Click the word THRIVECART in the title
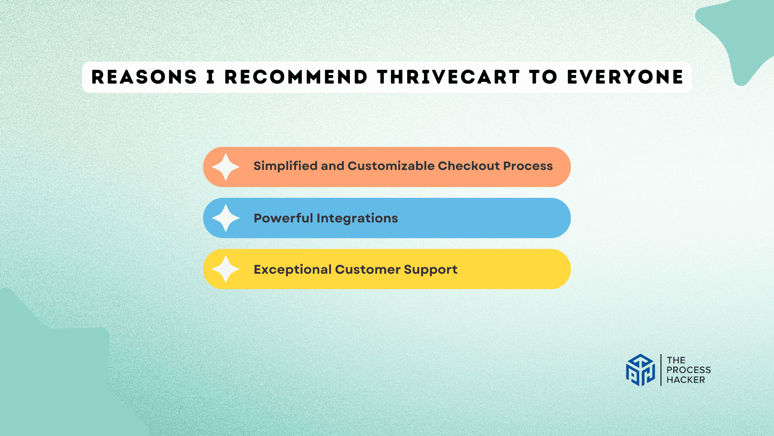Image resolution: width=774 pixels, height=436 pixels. (448, 77)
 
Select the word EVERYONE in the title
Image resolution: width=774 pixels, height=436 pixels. (625, 77)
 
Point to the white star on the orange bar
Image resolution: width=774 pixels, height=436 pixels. (226, 167)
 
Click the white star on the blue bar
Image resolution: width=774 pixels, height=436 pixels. (226, 218)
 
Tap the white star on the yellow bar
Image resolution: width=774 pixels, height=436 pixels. (226, 269)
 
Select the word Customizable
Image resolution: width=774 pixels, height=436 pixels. (391, 166)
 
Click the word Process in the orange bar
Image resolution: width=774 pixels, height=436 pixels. (528, 166)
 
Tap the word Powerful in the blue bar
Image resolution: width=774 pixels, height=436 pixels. (283, 218)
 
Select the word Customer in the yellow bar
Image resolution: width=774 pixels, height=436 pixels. (368, 269)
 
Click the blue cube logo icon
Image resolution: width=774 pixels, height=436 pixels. (640, 370)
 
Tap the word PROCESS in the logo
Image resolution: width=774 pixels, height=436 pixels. (689, 370)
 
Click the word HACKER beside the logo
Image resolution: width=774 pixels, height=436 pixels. (686, 380)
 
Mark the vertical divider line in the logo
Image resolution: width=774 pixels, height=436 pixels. (661, 370)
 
